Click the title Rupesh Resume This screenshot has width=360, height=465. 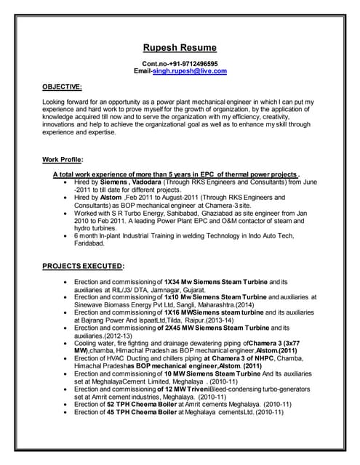click(x=179, y=48)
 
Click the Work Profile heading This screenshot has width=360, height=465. click(x=63, y=159)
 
